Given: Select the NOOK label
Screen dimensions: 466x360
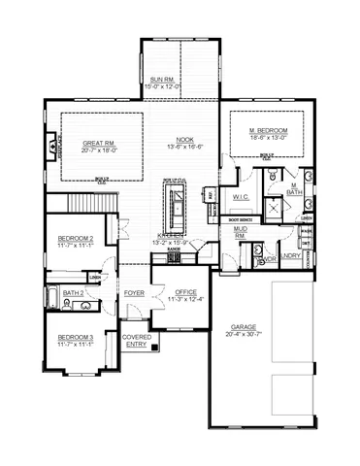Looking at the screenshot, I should [184, 140].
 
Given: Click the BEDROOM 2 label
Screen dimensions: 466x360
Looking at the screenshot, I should [75, 239].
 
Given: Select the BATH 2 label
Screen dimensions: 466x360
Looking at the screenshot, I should [74, 292].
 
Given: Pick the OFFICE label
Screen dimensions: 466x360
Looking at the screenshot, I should [185, 292].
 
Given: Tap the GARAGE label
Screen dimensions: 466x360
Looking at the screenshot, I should [244, 327].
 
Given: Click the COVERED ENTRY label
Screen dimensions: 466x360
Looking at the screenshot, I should [136, 340].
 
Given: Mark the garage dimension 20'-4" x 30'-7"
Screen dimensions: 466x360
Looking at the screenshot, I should [244, 336].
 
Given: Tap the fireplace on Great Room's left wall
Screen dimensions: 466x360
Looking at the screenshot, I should [49, 149].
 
